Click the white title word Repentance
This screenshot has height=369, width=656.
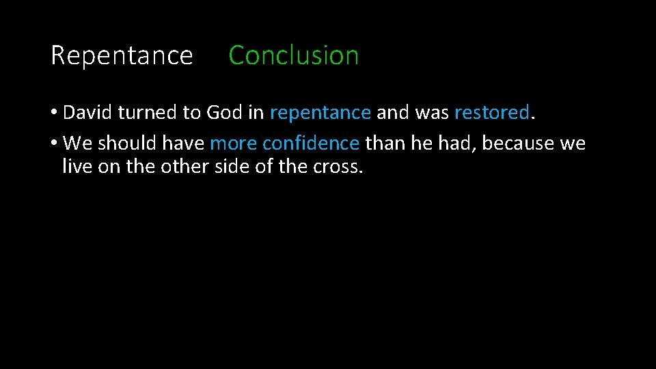(122, 55)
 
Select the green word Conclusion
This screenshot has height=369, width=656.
(293, 55)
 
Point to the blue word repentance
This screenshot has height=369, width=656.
(320, 113)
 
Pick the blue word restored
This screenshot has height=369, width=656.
(491, 112)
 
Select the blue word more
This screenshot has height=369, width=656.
(233, 143)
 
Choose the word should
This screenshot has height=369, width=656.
(126, 143)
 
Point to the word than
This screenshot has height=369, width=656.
(385, 143)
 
